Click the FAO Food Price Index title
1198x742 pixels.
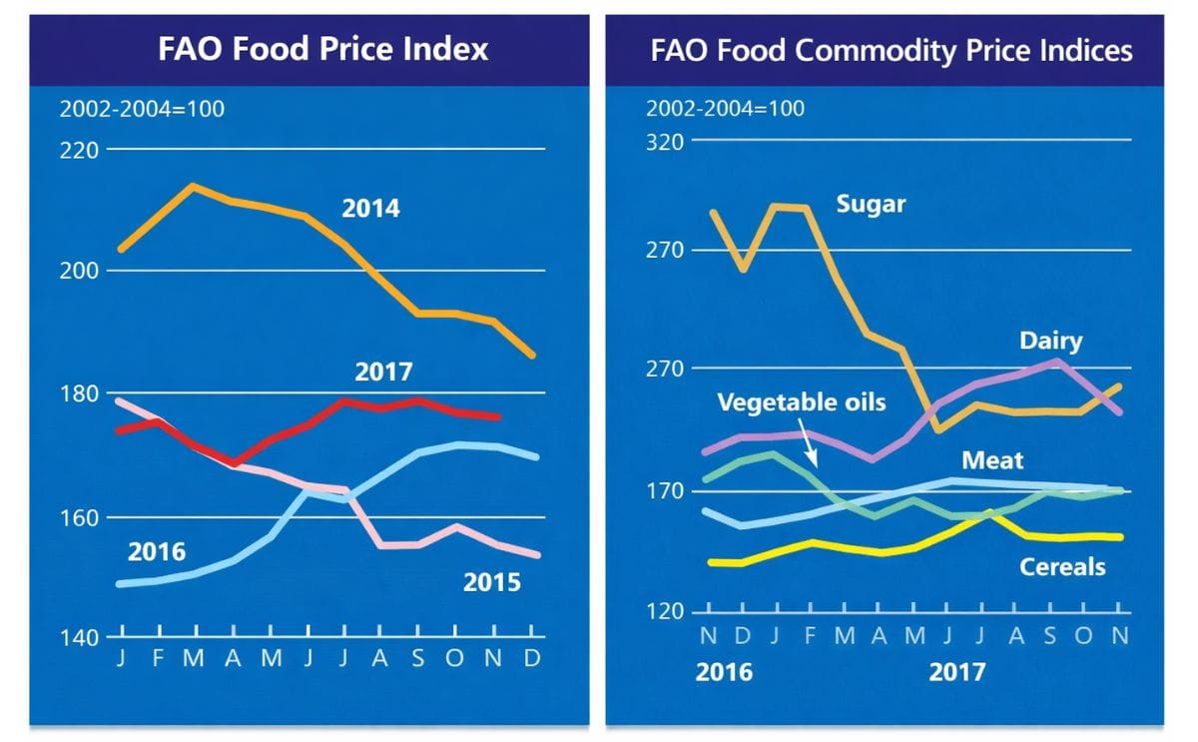click(323, 49)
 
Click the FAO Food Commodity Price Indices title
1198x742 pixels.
click(892, 50)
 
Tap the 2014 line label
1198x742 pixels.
click(370, 210)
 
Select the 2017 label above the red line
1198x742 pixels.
click(383, 373)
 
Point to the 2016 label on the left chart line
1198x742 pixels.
click(157, 552)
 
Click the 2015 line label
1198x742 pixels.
click(491, 582)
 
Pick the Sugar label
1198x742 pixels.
click(871, 205)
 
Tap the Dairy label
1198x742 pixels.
click(1050, 342)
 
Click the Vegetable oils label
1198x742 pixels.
click(802, 402)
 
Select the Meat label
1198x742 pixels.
click(992, 460)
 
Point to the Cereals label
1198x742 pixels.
click(1062, 567)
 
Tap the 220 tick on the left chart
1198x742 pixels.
click(80, 151)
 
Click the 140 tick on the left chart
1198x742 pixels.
click(80, 637)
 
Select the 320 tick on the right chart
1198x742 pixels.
click(665, 141)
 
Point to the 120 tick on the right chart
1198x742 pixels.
click(665, 611)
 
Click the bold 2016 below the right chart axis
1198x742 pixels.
click(724, 671)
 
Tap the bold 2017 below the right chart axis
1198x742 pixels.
click(956, 671)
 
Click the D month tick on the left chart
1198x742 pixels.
click(531, 658)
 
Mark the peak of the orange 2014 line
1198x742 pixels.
click(194, 186)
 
